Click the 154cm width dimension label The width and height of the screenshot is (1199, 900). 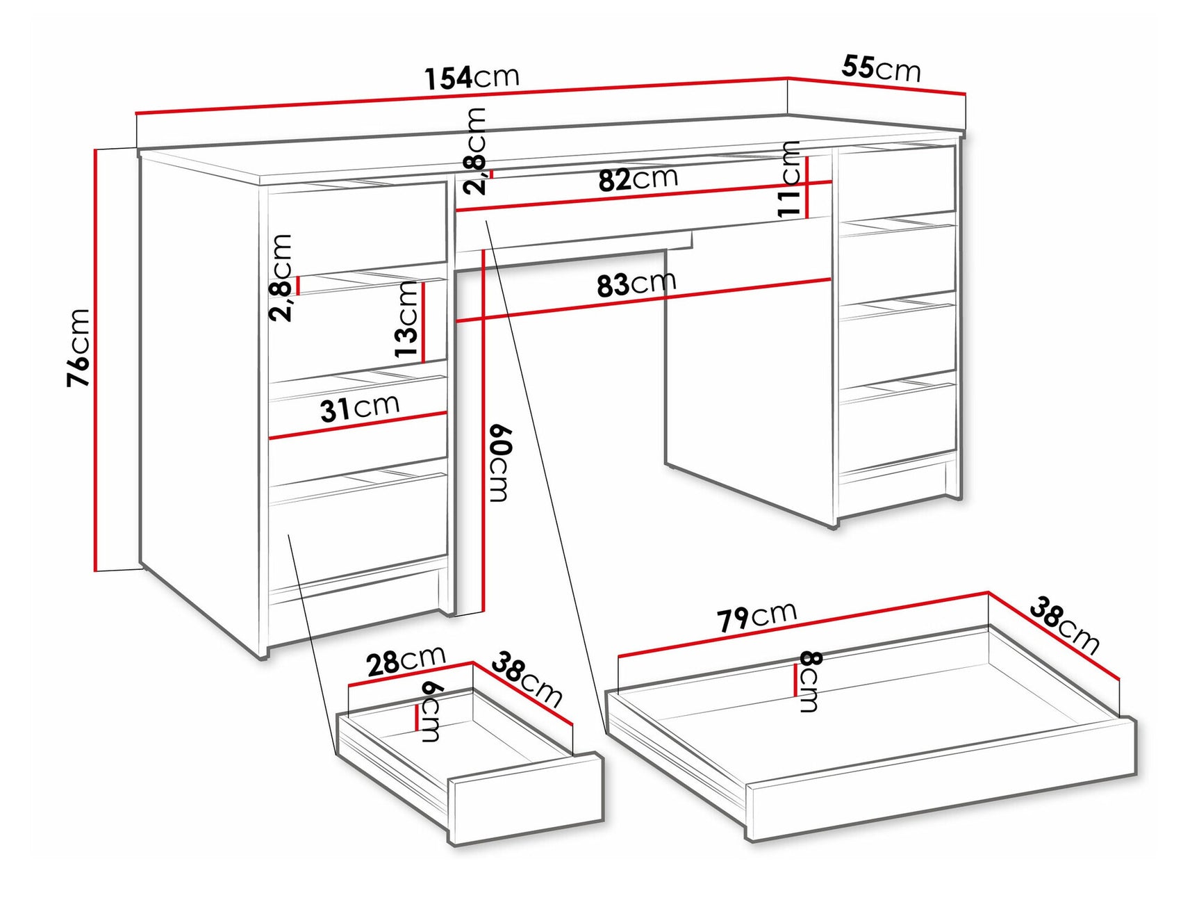(x=472, y=77)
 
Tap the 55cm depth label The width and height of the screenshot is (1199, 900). (x=881, y=69)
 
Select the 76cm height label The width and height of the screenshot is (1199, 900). (x=78, y=347)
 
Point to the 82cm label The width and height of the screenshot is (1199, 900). (x=638, y=179)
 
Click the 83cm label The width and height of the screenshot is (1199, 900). (x=636, y=284)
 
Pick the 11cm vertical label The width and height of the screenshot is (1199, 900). (x=789, y=179)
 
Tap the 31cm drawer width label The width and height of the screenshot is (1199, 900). (x=359, y=408)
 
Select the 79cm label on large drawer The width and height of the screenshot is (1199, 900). (x=756, y=616)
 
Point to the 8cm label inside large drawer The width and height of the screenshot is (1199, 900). (x=810, y=682)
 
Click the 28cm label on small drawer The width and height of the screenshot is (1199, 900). (x=405, y=661)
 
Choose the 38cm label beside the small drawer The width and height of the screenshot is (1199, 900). (x=527, y=680)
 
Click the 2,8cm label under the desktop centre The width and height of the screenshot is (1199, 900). (x=476, y=152)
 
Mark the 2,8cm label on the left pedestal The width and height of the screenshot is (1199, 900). (x=281, y=277)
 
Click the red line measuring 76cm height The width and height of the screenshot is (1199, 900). (x=95, y=359)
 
